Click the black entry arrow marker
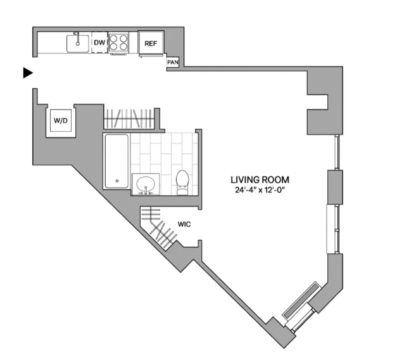pyautogui.click(x=28, y=73)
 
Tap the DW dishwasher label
pyautogui.click(x=99, y=42)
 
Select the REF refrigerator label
pyautogui.click(x=151, y=44)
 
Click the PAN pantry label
pyautogui.click(x=173, y=62)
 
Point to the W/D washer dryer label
pyautogui.click(x=61, y=120)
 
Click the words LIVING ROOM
pyautogui.click(x=260, y=179)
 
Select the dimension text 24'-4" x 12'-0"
pyautogui.click(x=260, y=190)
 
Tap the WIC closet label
pyautogui.click(x=184, y=224)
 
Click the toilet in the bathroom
pyautogui.click(x=182, y=183)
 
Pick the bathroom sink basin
pyautogui.click(x=146, y=184)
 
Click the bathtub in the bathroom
pyautogui.click(x=117, y=161)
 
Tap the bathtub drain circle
pyautogui.click(x=117, y=181)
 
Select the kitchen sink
pyautogui.click(x=78, y=44)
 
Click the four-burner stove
pyautogui.click(x=118, y=42)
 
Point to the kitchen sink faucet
pyautogui.click(x=77, y=39)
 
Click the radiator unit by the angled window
pyautogui.click(x=301, y=300)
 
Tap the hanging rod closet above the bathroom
pyautogui.click(x=129, y=119)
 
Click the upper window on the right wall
pyautogui.click(x=336, y=152)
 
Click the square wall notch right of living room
pyautogui.click(x=317, y=102)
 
